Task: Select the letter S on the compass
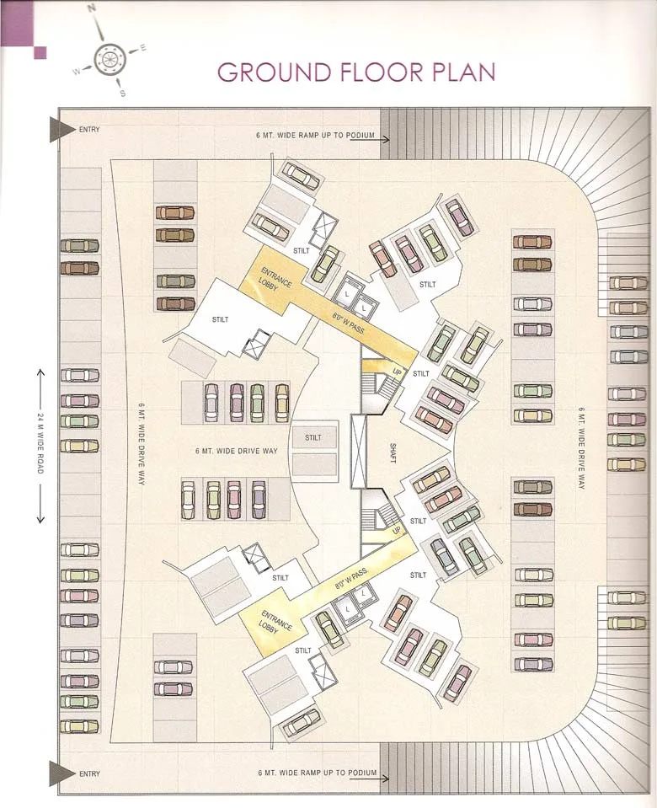click(123, 94)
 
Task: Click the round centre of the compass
click(109, 59)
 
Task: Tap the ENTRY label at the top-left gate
click(89, 130)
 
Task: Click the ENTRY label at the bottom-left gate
click(89, 773)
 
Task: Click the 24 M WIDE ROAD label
click(40, 443)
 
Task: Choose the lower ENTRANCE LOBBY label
click(276, 622)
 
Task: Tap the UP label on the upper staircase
click(397, 372)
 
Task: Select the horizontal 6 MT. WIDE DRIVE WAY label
click(236, 452)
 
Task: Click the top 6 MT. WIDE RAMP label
click(316, 135)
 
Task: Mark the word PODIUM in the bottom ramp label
click(361, 773)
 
